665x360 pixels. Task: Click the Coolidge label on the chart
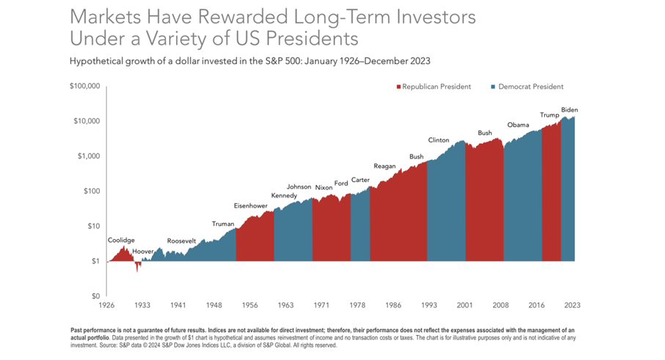(121, 240)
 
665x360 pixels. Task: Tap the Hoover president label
(143, 251)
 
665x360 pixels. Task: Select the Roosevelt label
(181, 240)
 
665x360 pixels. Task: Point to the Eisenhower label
(251, 205)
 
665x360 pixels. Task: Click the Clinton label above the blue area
(438, 139)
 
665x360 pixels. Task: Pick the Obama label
(518, 125)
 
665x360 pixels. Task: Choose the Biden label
(570, 110)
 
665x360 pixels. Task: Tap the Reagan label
(384, 166)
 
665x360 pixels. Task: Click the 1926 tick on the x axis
(107, 305)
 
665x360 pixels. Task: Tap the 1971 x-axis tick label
(321, 305)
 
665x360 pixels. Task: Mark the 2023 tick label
(573, 305)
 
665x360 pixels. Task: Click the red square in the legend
(399, 87)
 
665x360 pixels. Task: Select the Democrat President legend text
(530, 87)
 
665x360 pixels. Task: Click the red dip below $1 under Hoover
(137, 267)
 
